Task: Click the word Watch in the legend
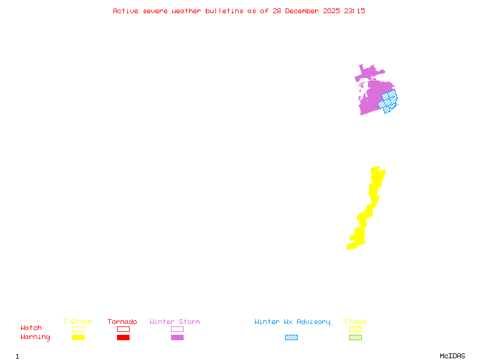point(31,328)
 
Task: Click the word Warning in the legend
point(35,337)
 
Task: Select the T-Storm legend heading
point(77,322)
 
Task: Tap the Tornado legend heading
point(122,322)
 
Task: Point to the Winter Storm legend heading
point(175,322)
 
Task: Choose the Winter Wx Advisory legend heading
point(292,322)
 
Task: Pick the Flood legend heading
point(355,322)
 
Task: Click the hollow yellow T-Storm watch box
point(78,329)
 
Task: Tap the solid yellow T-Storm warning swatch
point(78,337)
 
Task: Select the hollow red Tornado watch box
point(123,329)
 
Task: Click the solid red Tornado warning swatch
point(123,337)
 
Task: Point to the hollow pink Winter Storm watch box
point(177,329)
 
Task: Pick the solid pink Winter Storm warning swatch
point(177,337)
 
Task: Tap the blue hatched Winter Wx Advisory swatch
point(291,337)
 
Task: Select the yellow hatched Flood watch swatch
point(355,329)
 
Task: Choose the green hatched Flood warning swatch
point(355,337)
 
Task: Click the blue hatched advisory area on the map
point(389,101)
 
